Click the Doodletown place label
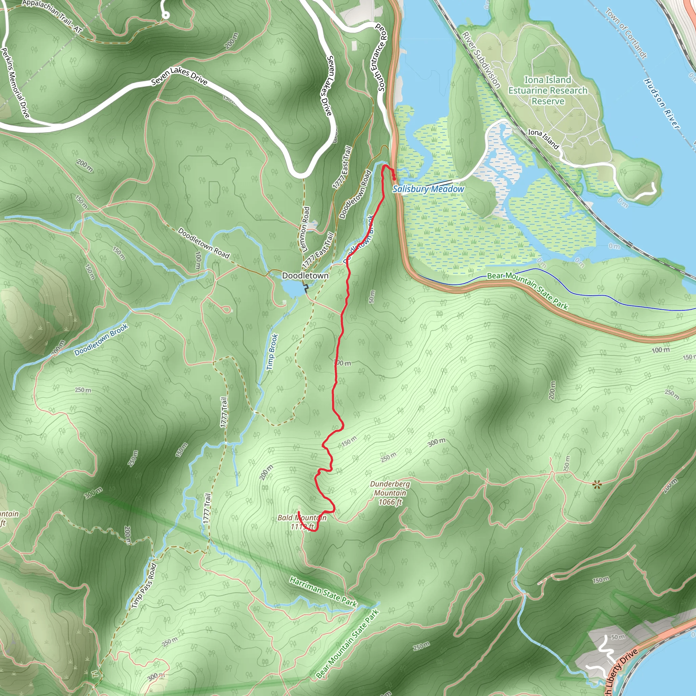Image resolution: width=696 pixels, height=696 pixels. tap(305, 276)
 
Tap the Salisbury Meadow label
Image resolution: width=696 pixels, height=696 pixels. tap(428, 189)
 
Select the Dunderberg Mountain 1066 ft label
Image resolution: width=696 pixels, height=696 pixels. tap(390, 492)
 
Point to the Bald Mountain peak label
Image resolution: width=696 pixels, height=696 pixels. tap(302, 522)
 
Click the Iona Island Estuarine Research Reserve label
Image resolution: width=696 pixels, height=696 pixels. tap(547, 90)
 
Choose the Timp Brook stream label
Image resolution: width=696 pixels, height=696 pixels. tap(272, 352)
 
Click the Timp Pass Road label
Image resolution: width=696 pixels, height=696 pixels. tap(144, 586)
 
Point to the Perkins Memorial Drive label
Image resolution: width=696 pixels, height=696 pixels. tap(15, 83)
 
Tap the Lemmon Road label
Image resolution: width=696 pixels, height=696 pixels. tap(305, 229)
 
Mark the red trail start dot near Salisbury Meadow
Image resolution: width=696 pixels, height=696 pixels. tap(394, 178)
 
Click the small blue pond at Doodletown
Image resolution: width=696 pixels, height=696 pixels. tap(293, 288)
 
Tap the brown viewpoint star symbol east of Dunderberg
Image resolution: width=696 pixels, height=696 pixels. tap(597, 485)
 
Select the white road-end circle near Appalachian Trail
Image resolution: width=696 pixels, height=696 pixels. tap(166, 15)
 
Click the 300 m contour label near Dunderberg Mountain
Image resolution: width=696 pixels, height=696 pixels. tap(437, 442)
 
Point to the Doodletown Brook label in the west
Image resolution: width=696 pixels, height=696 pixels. tap(101, 340)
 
